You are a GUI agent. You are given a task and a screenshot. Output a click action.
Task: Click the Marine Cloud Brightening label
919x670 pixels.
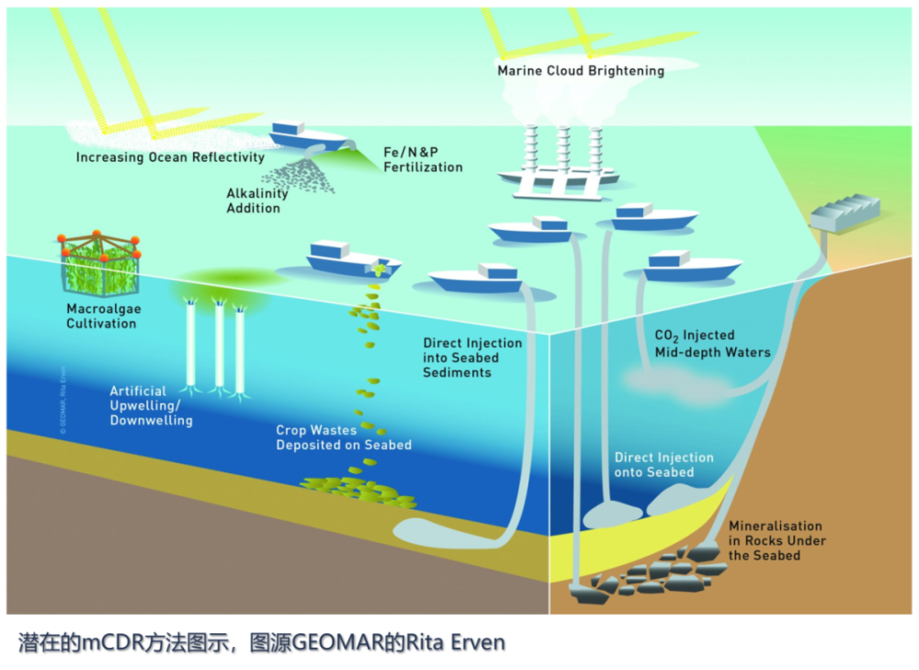580,70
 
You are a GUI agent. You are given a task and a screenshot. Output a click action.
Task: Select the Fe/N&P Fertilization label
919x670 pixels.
423,160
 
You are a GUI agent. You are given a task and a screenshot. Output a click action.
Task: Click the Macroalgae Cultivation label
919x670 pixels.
103,316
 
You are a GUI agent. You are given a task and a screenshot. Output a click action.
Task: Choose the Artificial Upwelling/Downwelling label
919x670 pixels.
151,405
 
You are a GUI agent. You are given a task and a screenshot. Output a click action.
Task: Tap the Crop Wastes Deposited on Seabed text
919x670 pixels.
344,437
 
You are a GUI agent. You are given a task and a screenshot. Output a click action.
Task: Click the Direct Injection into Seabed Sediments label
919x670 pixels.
471,358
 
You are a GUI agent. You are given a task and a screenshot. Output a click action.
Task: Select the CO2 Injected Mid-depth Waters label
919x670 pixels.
711,344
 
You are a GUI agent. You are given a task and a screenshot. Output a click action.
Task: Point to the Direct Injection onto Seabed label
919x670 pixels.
664,464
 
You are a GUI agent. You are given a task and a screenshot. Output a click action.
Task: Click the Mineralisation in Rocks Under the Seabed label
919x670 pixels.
775,540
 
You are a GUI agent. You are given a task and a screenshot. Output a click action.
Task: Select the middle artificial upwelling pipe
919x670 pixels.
219,345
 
